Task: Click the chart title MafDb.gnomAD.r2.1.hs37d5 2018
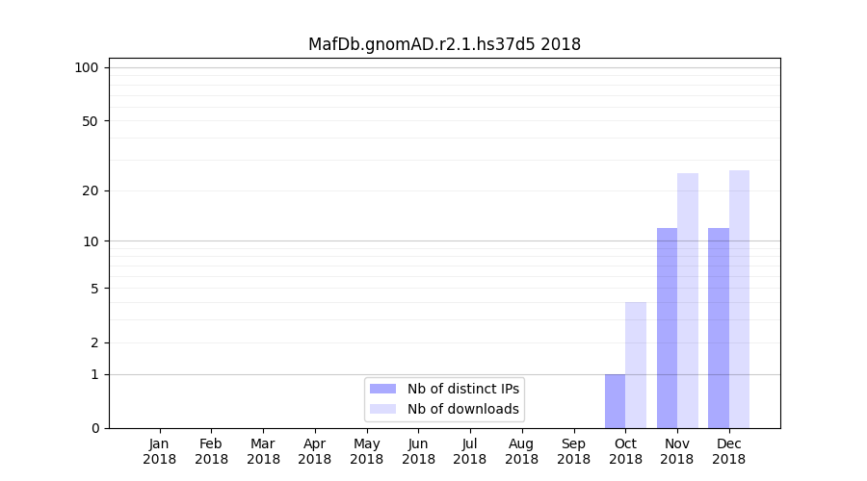444,44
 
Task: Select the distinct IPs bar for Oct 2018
615,401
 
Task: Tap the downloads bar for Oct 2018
636,366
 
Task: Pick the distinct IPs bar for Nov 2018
667,328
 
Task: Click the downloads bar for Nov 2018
688,300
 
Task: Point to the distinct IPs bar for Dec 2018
719,328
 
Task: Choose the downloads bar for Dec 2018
739,299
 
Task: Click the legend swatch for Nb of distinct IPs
382,389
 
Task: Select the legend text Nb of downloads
462,409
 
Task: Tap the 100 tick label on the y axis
87,67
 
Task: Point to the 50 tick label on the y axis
91,121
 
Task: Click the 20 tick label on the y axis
91,190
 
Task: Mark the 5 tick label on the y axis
94,289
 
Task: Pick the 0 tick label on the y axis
94,428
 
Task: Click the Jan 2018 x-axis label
160,451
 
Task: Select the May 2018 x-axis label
367,451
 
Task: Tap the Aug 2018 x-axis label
522,451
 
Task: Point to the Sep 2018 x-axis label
573,451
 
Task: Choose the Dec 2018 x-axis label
729,451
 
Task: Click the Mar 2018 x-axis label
263,451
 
